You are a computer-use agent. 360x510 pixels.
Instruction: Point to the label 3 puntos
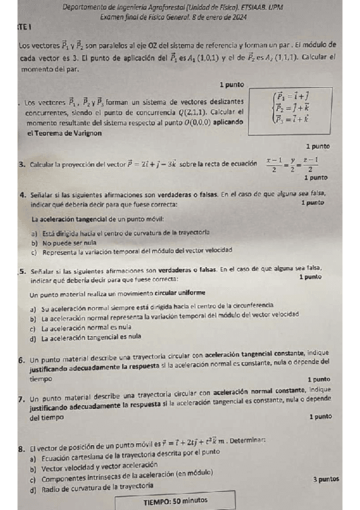[x=326, y=479]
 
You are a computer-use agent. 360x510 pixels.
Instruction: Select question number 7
[x=21, y=398]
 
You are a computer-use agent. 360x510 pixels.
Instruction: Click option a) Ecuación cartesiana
[x=123, y=460]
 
